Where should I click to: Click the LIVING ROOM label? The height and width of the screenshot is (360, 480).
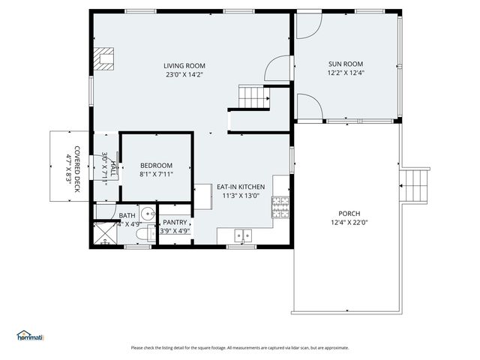(x=184, y=66)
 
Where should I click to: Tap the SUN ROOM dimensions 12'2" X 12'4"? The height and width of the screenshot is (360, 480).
(x=346, y=73)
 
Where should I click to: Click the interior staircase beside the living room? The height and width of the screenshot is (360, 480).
(x=253, y=97)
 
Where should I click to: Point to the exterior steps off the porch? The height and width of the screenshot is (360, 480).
(x=415, y=184)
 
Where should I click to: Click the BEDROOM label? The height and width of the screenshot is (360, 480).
(x=156, y=166)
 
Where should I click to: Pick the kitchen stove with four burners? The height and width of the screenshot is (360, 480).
(x=280, y=205)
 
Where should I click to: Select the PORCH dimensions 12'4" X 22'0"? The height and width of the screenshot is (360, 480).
(x=349, y=222)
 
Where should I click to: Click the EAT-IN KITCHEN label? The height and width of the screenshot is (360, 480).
(x=241, y=187)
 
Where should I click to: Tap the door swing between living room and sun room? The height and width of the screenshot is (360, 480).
(x=277, y=68)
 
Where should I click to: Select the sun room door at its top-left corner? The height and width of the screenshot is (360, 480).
(x=307, y=25)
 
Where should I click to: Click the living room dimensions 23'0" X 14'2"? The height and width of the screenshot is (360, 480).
(x=184, y=74)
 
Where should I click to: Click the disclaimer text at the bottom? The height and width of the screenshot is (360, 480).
(x=240, y=347)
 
